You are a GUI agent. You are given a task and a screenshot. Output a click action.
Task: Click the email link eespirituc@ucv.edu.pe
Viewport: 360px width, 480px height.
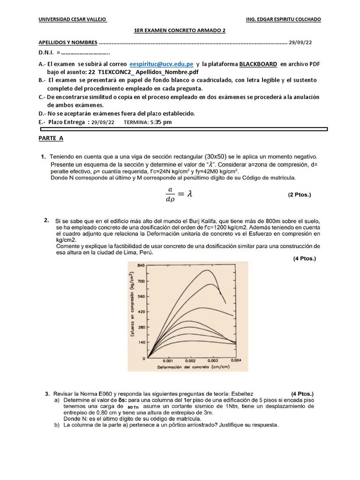[161, 64]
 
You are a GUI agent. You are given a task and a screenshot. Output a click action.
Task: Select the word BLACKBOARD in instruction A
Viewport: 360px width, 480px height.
[258, 64]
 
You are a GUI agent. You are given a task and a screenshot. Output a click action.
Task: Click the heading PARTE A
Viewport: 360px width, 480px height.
[51, 138]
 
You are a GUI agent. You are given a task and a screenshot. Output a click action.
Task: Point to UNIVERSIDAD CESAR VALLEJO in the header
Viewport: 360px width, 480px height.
[72, 19]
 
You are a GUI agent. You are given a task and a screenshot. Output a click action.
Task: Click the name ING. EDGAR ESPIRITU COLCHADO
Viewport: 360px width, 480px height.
[284, 19]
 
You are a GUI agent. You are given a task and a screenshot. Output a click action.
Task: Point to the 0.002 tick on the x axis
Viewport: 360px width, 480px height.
[190, 361]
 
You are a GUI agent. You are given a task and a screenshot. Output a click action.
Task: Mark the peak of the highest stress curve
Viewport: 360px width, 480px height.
[207, 270]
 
